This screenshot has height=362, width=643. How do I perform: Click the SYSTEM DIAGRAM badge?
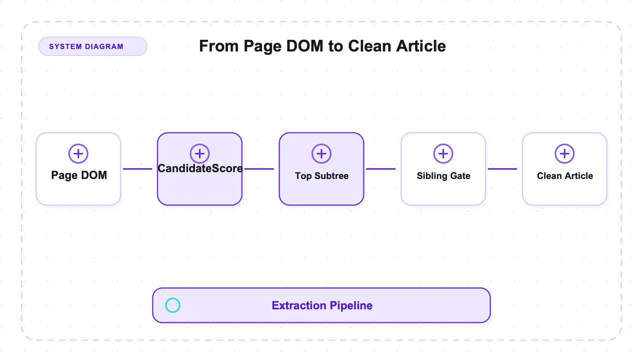(93, 46)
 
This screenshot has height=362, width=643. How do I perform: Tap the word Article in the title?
(421, 46)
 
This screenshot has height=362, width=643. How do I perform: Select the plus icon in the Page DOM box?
(78, 154)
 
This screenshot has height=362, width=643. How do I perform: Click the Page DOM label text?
(79, 175)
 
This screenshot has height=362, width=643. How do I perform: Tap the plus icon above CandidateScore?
(200, 154)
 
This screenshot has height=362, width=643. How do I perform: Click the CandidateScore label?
(200, 169)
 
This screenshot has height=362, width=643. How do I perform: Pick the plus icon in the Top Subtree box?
(321, 154)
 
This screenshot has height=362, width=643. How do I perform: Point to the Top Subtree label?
(322, 176)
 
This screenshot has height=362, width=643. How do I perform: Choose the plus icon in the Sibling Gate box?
(443, 154)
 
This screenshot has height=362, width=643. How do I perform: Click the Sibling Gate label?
(444, 176)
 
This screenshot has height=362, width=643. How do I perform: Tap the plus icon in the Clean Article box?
(565, 154)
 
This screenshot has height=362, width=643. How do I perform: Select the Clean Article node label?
(565, 176)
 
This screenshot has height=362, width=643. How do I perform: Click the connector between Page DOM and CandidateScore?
(137, 169)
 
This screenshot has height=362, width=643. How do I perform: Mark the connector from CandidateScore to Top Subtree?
(259, 169)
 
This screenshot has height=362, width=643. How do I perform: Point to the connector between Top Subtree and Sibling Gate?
(381, 169)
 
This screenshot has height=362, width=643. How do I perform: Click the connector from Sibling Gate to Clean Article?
(503, 169)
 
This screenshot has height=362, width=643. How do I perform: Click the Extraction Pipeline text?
(322, 305)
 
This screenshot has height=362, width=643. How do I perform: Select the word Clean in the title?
(370, 46)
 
